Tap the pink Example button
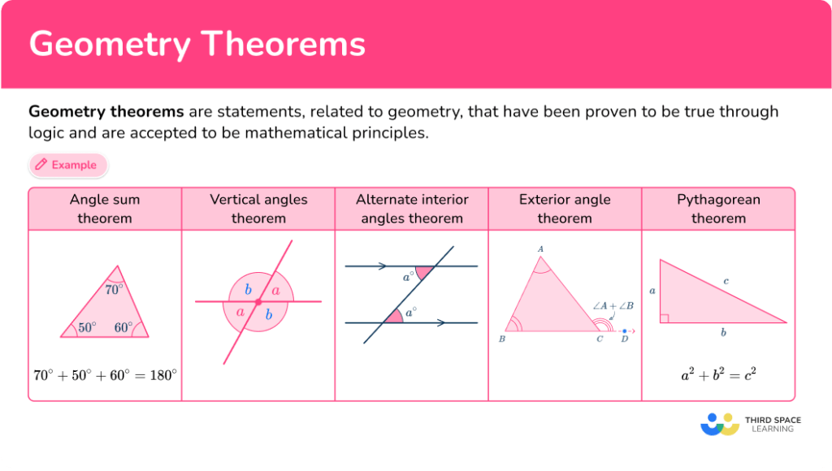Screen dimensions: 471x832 [67, 165]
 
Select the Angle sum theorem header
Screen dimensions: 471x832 [105, 209]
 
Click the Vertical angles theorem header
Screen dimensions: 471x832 [258, 209]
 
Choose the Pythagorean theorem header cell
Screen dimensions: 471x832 [718, 209]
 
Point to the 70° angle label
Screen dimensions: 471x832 [115, 289]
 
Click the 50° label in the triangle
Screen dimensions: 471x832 [87, 327]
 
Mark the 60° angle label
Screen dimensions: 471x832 [123, 327]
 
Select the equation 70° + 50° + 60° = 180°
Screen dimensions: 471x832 [105, 375]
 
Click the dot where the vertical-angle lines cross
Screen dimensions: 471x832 [258, 302]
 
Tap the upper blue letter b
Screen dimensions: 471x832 [248, 290]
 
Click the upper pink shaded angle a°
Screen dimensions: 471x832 [423, 274]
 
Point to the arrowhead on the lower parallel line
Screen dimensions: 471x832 [440, 322]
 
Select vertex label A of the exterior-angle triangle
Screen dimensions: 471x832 [541, 249]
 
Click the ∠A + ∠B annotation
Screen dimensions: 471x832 [613, 305]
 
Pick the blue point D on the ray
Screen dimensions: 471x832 [624, 331]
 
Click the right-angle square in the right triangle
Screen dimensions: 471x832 [664, 318]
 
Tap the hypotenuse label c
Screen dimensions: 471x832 [726, 281]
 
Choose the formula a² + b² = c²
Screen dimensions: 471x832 [718, 375]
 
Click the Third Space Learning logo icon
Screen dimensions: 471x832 [720, 424]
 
